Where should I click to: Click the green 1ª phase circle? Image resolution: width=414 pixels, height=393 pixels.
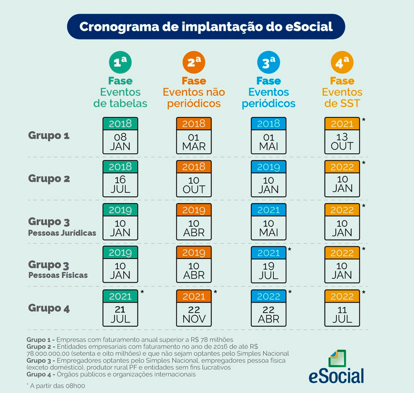120,63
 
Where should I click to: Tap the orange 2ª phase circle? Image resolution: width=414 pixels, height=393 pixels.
194,63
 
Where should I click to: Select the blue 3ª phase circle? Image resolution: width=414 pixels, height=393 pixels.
268,63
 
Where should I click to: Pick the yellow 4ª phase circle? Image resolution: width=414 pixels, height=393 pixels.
342,63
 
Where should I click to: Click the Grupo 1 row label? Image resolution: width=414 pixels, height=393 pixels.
49,136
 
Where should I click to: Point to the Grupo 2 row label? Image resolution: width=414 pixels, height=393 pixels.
49,178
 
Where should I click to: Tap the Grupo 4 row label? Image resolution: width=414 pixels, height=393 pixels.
49,309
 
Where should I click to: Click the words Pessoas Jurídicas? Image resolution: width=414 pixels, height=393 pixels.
62,233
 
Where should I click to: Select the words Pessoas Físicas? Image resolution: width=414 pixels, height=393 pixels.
58,275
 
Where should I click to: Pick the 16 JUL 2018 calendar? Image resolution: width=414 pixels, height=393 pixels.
120,178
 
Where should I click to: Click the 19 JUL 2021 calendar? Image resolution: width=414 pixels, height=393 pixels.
268,265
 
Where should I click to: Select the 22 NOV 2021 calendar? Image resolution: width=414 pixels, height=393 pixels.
194,308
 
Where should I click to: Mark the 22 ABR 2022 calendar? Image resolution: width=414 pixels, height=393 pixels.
268,308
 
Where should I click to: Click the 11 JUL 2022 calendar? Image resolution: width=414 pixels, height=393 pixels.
342,308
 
